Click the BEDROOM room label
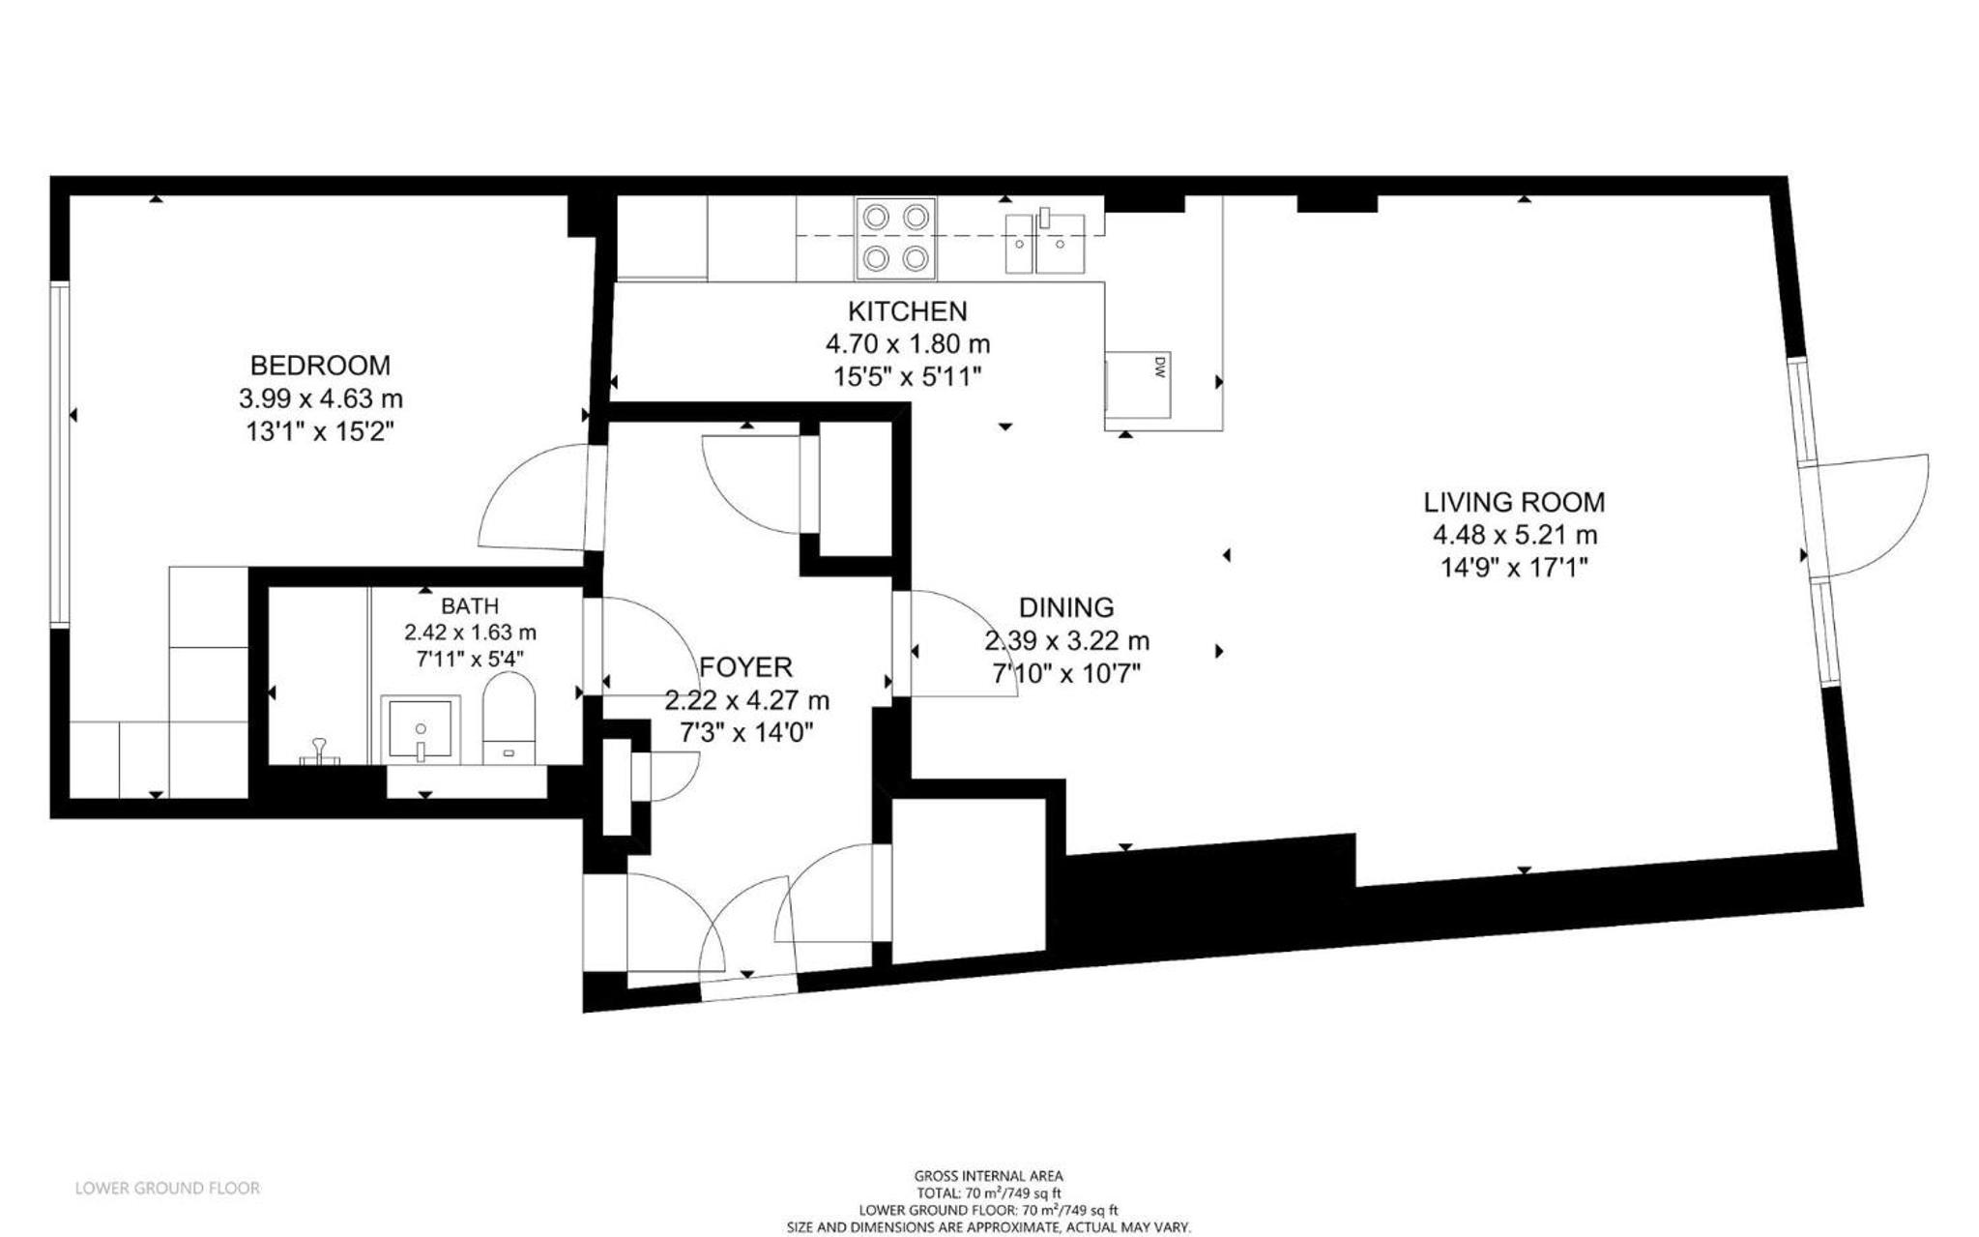click(320, 366)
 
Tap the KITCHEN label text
click(907, 311)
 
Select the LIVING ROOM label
click(1514, 502)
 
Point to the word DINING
click(1066, 607)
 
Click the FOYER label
click(745, 667)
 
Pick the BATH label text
click(470, 606)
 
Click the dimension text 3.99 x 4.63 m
click(320, 398)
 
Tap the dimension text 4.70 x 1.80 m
click(907, 344)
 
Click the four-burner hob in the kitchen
click(895, 238)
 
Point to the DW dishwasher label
click(1160, 366)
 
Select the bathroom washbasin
click(421, 728)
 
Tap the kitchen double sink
click(1045, 242)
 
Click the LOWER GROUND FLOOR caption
click(167, 1188)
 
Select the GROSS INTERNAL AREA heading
click(988, 1176)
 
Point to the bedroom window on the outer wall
click(60, 455)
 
